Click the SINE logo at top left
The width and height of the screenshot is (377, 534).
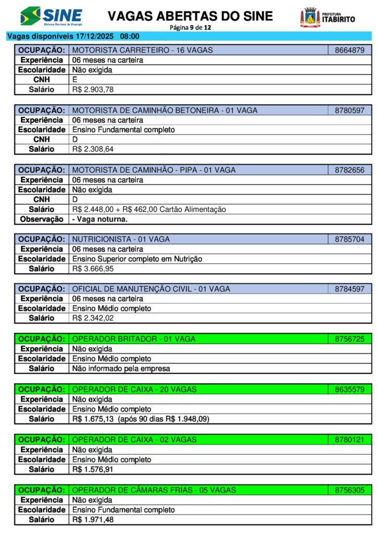coord(51,16)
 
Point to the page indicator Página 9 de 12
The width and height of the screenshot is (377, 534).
coord(190,27)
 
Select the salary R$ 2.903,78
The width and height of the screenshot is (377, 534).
coord(93,90)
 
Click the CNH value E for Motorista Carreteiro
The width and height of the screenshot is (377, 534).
coord(75,80)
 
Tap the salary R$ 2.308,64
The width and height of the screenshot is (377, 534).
coord(93,150)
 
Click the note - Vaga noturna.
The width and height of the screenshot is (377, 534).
coord(99,220)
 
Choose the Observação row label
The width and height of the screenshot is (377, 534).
coord(41,220)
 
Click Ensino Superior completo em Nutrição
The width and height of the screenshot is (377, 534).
coord(137,259)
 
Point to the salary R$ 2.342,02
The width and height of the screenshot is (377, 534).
coord(93,318)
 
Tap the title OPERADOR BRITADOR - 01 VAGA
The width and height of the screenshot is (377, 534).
coord(134,339)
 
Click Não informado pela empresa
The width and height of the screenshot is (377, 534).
coord(121,369)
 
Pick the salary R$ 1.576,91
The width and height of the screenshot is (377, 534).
coord(93,469)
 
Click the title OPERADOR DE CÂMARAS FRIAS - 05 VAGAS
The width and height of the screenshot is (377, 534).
coord(154,490)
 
